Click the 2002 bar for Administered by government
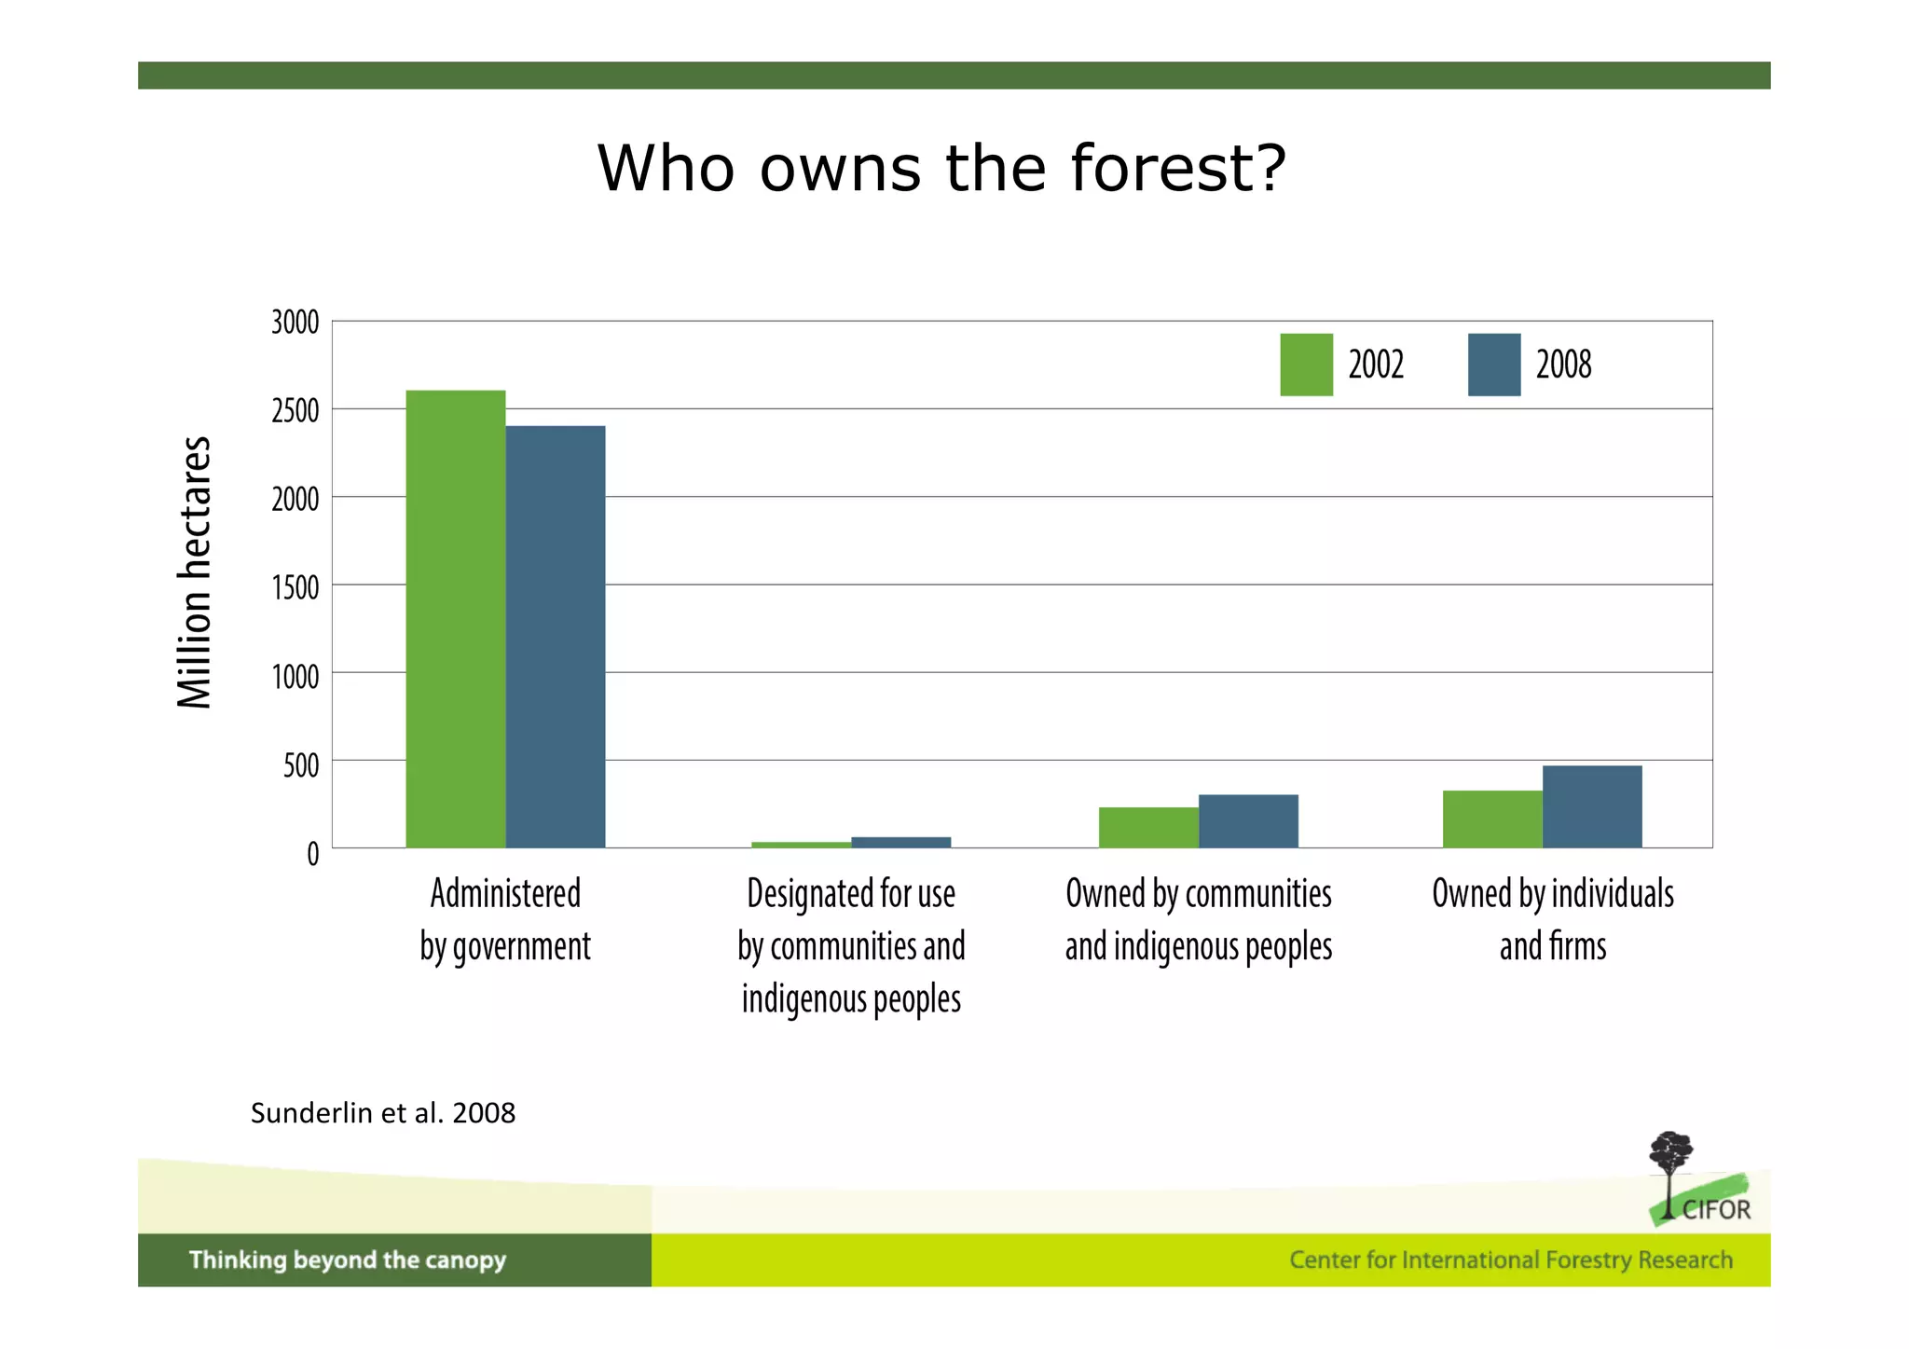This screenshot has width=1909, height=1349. point(456,619)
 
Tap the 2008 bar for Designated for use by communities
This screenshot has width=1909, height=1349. point(900,842)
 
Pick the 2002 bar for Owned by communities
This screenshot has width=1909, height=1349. point(1148,827)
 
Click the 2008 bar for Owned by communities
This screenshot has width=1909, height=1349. point(1248,820)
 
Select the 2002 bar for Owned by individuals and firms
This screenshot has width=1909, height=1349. point(1492,819)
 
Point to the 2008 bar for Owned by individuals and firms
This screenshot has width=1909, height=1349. point(1592,806)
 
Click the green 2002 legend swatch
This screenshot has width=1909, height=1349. point(1306,365)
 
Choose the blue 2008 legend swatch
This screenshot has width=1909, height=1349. point(1493,365)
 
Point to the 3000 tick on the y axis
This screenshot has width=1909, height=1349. point(295,323)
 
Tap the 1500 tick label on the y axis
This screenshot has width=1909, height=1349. point(295,587)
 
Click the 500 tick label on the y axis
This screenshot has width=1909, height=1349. point(301,765)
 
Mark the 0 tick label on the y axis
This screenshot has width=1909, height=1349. point(313,853)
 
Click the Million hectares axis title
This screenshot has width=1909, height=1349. point(195,572)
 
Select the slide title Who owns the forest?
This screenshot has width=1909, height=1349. point(941,169)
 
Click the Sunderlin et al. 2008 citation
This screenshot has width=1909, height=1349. point(383,1113)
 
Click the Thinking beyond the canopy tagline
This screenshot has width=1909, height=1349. point(348,1260)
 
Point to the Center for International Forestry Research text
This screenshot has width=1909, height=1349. point(1510,1260)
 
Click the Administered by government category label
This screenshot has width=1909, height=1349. point(505,919)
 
